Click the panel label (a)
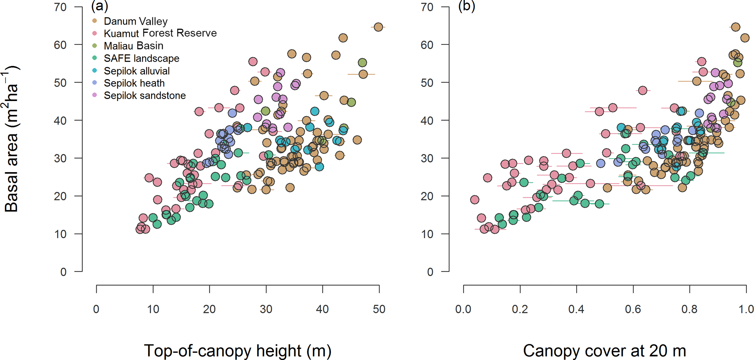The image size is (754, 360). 100,6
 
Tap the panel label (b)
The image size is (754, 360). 467,6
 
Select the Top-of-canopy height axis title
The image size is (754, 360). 238,351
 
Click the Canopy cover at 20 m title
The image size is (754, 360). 604,351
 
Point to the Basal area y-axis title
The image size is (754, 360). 12,139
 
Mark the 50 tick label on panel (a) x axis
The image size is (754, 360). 379,309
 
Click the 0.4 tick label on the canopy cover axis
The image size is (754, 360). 576,309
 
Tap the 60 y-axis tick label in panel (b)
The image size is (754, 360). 427,45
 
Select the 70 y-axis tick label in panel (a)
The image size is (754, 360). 61,7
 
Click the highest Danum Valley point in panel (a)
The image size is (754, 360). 378,27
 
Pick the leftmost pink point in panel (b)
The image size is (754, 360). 475,200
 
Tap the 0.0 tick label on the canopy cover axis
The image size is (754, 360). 463,309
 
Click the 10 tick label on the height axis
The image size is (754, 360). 153,309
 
